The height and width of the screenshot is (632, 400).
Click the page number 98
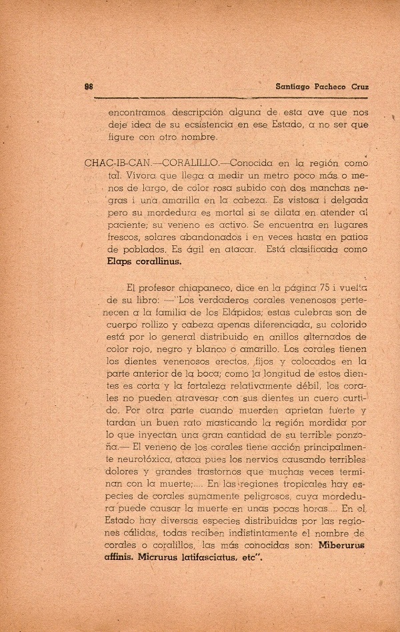88,87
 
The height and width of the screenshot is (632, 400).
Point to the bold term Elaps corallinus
144,262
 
